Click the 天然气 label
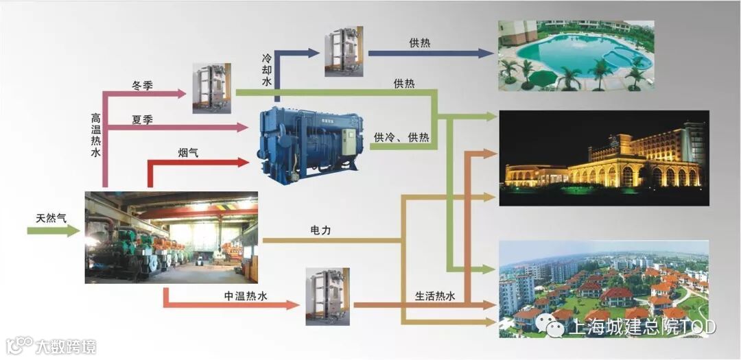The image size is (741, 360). [x=51, y=218]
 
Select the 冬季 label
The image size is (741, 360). [x=142, y=86]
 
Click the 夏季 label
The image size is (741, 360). [x=142, y=120]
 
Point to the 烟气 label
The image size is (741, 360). [x=189, y=153]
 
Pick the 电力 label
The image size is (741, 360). [x=320, y=231]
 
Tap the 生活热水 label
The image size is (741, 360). [x=435, y=296]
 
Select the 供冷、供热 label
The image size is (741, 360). [x=401, y=137]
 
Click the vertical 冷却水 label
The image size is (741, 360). [x=267, y=71]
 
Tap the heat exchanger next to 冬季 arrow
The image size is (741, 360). [x=211, y=88]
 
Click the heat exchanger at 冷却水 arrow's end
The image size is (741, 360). [x=344, y=51]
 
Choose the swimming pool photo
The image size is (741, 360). [x=575, y=56]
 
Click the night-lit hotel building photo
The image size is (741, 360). [x=603, y=158]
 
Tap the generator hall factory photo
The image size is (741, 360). [x=171, y=237]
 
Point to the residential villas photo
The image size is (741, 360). [x=603, y=289]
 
